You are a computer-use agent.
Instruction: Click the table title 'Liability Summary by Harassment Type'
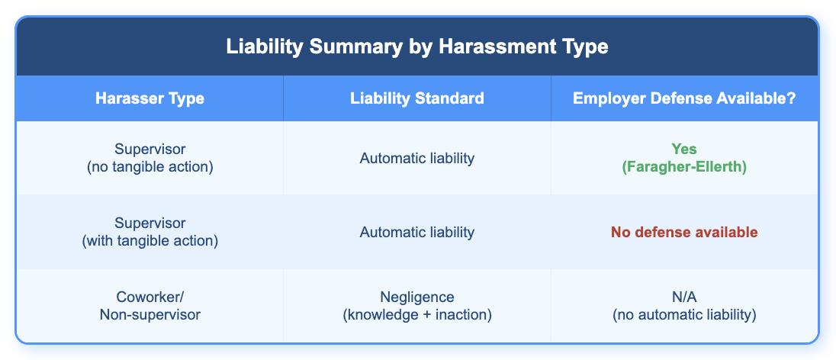[x=417, y=47]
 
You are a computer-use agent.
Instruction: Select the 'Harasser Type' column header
[x=150, y=99]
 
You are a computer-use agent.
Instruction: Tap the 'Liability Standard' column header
[x=417, y=99]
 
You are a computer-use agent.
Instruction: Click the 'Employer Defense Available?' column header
[x=684, y=99]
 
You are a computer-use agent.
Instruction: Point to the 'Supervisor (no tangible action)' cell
[x=150, y=158]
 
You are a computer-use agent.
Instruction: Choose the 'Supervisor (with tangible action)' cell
[x=150, y=232]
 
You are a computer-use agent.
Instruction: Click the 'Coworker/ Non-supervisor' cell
[x=150, y=306]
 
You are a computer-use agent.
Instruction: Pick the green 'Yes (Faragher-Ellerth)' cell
[x=684, y=158]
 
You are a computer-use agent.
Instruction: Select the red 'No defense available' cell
[x=684, y=232]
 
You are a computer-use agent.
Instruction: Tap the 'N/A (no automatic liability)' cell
[x=684, y=306]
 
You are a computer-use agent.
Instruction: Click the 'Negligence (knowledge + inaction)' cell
[x=417, y=306]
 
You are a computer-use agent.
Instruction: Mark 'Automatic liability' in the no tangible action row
[x=417, y=158]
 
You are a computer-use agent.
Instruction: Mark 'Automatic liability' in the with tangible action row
[x=417, y=232]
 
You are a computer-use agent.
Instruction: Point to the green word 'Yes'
[x=684, y=149]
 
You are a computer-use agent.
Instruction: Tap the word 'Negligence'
[x=417, y=297]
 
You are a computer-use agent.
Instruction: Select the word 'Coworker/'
[x=150, y=297]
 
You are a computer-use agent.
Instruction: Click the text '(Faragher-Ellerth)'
[x=684, y=166]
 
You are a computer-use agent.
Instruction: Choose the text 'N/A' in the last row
[x=684, y=297]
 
